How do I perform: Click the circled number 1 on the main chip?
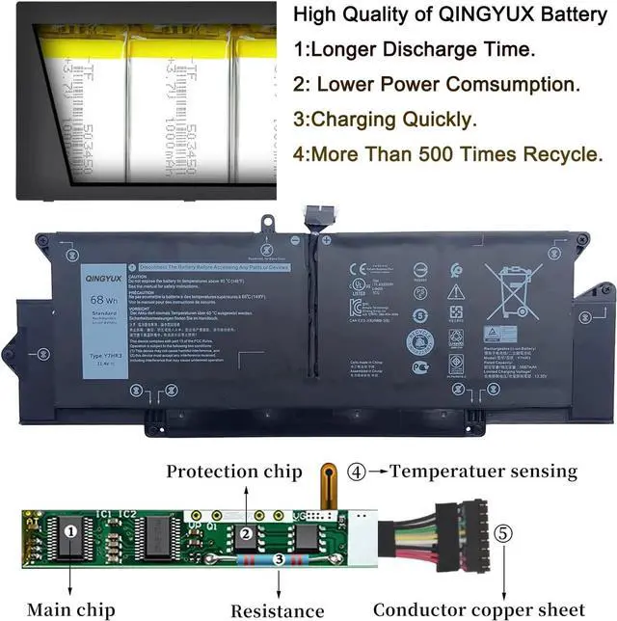click(x=69, y=529)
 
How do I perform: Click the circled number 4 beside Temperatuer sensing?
click(x=358, y=472)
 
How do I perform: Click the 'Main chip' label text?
click(x=70, y=608)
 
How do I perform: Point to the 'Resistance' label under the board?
click(x=278, y=609)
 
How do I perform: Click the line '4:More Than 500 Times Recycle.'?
click(x=447, y=154)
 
